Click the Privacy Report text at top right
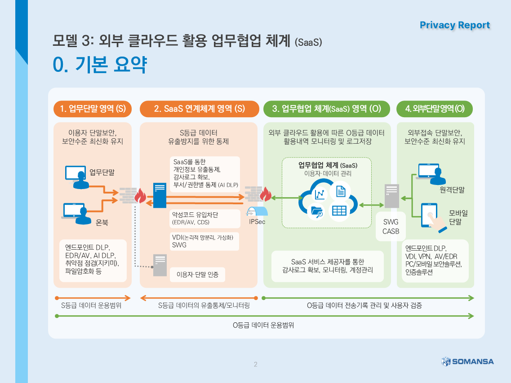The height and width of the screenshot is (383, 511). [x=455, y=25]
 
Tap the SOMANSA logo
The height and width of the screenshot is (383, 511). [x=467, y=361]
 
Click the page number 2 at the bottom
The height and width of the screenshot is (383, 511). [x=255, y=364]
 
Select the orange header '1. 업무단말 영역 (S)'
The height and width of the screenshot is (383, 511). [x=93, y=109]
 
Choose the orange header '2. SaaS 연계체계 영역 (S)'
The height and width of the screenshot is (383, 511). [x=200, y=109]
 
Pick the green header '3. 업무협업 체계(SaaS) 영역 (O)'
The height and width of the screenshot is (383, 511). [x=327, y=109]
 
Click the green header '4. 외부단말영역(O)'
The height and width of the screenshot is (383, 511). [x=435, y=109]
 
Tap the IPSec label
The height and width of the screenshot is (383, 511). [x=257, y=221]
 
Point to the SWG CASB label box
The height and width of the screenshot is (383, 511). [x=391, y=226]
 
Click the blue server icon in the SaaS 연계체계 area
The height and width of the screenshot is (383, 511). [x=160, y=195]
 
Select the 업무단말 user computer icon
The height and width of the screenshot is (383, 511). [x=77, y=177]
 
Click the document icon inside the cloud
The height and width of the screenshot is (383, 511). [x=341, y=191]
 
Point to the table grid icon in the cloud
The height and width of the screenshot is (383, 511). [x=339, y=211]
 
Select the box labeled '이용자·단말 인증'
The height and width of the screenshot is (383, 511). [x=197, y=274]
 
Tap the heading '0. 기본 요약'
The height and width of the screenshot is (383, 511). [x=100, y=64]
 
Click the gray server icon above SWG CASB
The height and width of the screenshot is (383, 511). [x=392, y=196]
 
